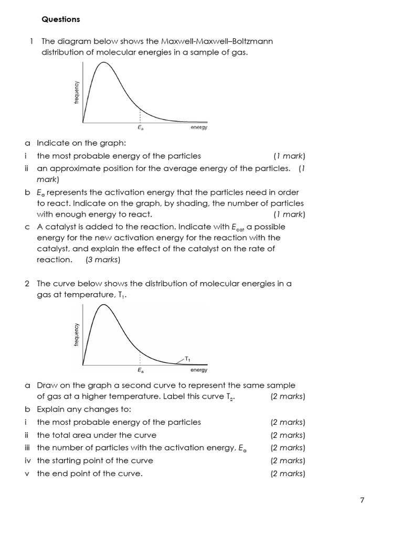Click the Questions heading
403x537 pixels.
tap(61, 19)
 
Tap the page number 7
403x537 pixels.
tap(362, 500)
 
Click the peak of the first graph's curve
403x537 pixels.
tap(104, 62)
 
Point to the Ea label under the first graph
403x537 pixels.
tap(140, 127)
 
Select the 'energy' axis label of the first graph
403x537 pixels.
tap(199, 127)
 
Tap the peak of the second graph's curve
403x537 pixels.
tap(104, 305)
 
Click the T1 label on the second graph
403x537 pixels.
tap(188, 359)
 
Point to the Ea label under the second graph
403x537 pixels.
tap(140, 370)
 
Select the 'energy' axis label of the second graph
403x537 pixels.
tap(199, 370)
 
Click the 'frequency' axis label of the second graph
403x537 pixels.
tap(77, 334)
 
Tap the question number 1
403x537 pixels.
tap(31, 41)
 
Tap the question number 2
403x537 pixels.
tap(27, 283)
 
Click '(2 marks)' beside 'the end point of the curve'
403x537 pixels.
tap(288, 474)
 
